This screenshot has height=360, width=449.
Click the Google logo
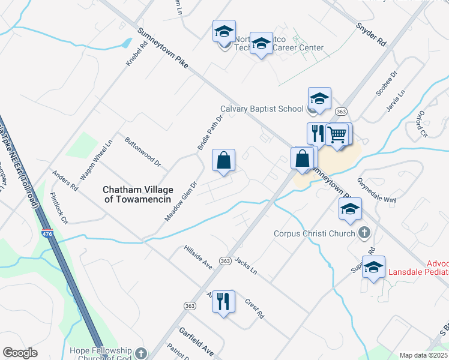(20, 353)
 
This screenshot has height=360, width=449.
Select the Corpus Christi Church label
(315, 233)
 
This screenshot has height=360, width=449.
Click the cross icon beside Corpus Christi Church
(363, 232)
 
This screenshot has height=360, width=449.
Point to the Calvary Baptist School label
(262, 109)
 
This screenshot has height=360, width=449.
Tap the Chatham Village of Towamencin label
(138, 194)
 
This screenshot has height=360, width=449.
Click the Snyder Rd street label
(370, 35)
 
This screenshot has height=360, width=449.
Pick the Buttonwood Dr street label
(143, 152)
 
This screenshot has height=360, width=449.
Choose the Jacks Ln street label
(246, 266)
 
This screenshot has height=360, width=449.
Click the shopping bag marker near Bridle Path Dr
(223, 160)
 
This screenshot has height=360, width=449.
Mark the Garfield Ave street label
(196, 342)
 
